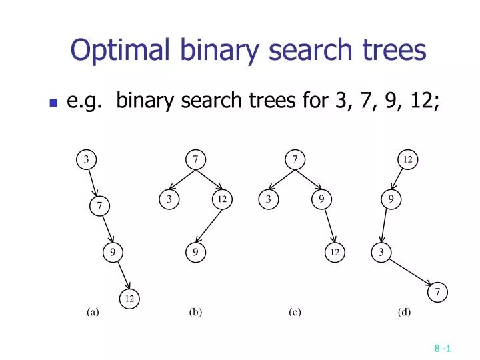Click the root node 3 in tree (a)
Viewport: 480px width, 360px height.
[x=86, y=159]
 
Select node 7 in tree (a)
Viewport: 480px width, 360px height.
[x=99, y=207]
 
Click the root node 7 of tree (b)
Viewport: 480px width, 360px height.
[x=195, y=159]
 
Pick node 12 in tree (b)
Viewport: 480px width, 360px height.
[x=221, y=199]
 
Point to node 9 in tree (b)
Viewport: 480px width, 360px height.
[x=195, y=252]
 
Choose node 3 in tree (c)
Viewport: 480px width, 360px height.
[x=267, y=199]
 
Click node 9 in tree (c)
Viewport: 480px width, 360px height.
[x=321, y=199]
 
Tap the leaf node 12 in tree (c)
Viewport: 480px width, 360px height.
[x=335, y=252]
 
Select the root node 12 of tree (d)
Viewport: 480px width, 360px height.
[x=408, y=159]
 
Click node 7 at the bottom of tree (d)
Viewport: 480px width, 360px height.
[x=437, y=292]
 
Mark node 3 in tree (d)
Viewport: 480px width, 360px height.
[x=381, y=252]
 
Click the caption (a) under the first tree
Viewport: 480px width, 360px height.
[x=92, y=312]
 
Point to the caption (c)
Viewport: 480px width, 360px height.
[x=295, y=312]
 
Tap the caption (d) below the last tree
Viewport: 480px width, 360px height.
[x=405, y=312]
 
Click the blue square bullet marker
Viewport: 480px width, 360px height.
[x=53, y=103]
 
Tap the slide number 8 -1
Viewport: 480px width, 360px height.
[x=443, y=348]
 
